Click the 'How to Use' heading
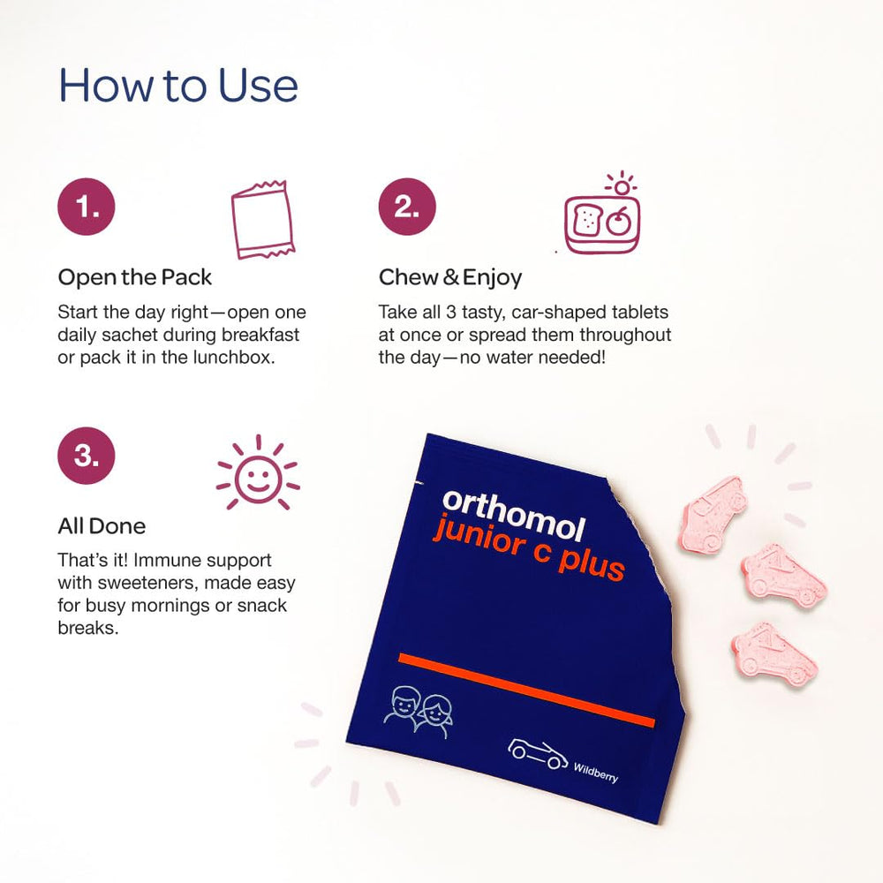[x=177, y=87]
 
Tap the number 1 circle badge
[x=87, y=208]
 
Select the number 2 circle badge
[x=407, y=208]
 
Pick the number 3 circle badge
[x=87, y=456]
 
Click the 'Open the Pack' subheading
[x=135, y=277]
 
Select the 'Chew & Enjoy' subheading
[x=450, y=277]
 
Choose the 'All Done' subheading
[x=102, y=526]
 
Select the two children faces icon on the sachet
[x=419, y=706]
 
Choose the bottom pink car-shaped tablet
[x=774, y=653]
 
